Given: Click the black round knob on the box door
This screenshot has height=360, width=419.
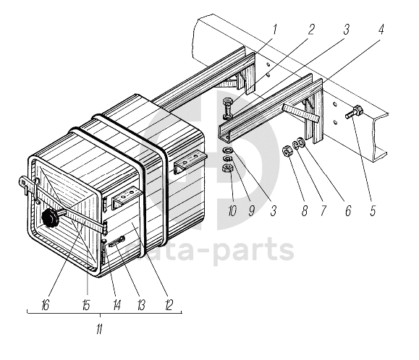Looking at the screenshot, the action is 50,218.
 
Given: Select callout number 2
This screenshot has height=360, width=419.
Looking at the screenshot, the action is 310,30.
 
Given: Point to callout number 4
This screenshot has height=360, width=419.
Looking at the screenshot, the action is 381,29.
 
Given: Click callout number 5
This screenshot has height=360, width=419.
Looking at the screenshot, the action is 373,210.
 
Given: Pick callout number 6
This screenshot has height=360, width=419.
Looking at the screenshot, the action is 348,210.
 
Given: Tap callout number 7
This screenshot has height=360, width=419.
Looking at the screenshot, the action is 323,210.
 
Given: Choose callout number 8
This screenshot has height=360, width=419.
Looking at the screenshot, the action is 305,210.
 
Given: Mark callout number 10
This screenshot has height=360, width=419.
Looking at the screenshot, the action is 232,211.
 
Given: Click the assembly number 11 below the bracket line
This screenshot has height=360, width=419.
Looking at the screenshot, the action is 99,330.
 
